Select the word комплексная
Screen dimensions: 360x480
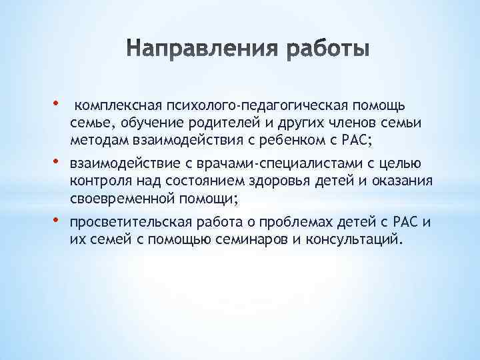pos(114,105)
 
